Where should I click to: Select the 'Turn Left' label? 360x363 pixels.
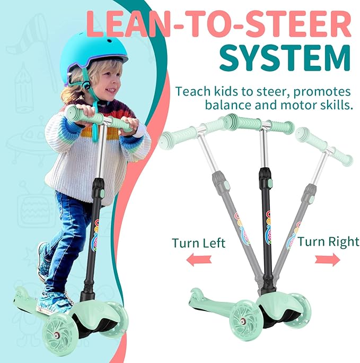tap(198, 244)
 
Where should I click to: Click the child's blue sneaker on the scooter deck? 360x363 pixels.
tap(53, 303)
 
